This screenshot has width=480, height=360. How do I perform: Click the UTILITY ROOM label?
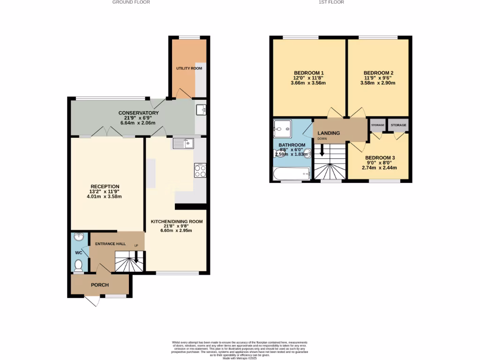pos(189,68)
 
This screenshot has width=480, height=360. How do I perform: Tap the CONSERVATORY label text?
pos(138,113)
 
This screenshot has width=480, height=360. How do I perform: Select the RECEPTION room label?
pos(105,186)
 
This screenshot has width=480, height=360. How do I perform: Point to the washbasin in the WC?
pos(78,238)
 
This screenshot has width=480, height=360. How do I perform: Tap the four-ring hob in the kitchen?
pos(200,171)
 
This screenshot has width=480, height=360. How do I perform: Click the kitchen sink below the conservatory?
pos(182,143)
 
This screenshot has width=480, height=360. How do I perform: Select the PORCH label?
pos(99,285)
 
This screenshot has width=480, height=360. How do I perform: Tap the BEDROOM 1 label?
pos(308,73)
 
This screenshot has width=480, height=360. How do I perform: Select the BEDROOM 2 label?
pos(378,73)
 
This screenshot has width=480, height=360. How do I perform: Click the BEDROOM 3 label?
pos(380,157)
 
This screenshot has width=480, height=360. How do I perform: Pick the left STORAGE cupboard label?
pos(377,125)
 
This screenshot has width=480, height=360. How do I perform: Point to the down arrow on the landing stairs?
pos(322,151)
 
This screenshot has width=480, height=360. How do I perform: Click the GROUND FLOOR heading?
pos(131,2)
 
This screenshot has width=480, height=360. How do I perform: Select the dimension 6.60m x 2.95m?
pos(176,230)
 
